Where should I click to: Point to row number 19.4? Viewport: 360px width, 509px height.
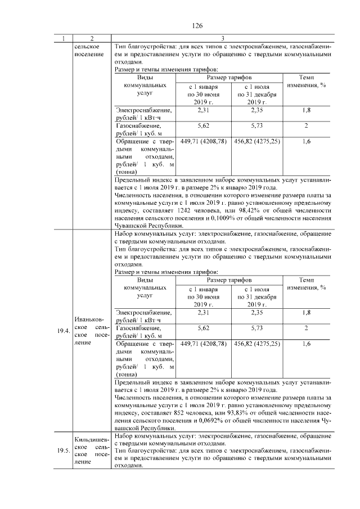coord(63,331)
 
